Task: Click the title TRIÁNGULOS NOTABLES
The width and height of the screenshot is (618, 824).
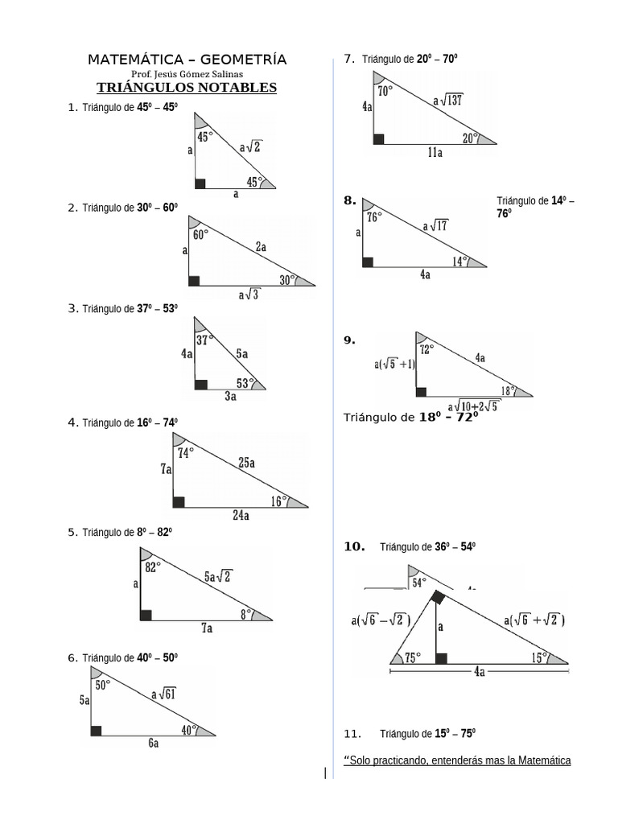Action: pyautogui.click(x=187, y=88)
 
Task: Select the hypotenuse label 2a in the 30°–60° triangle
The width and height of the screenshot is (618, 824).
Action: pyautogui.click(x=261, y=248)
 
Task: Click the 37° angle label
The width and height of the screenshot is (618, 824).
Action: pyautogui.click(x=205, y=340)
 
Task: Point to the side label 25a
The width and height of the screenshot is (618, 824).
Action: pyautogui.click(x=246, y=463)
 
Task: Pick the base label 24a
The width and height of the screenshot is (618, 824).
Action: pyautogui.click(x=241, y=517)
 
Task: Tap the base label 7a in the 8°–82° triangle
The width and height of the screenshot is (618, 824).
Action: pyautogui.click(x=206, y=628)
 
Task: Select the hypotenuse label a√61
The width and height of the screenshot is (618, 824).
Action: pyautogui.click(x=164, y=694)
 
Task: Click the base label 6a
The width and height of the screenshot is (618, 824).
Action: pyautogui.click(x=153, y=744)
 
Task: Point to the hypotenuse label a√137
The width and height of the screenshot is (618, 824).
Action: pyautogui.click(x=447, y=101)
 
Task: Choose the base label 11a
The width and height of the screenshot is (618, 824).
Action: pyautogui.click(x=435, y=153)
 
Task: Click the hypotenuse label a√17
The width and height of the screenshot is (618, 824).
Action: pyautogui.click(x=435, y=226)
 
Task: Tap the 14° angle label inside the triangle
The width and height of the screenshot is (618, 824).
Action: pyautogui.click(x=459, y=261)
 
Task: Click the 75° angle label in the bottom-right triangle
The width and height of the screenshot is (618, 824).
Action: pyautogui.click(x=413, y=657)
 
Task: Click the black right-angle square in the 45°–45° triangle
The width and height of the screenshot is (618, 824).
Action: pyautogui.click(x=200, y=183)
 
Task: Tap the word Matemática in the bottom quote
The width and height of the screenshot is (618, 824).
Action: pyautogui.click(x=544, y=760)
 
